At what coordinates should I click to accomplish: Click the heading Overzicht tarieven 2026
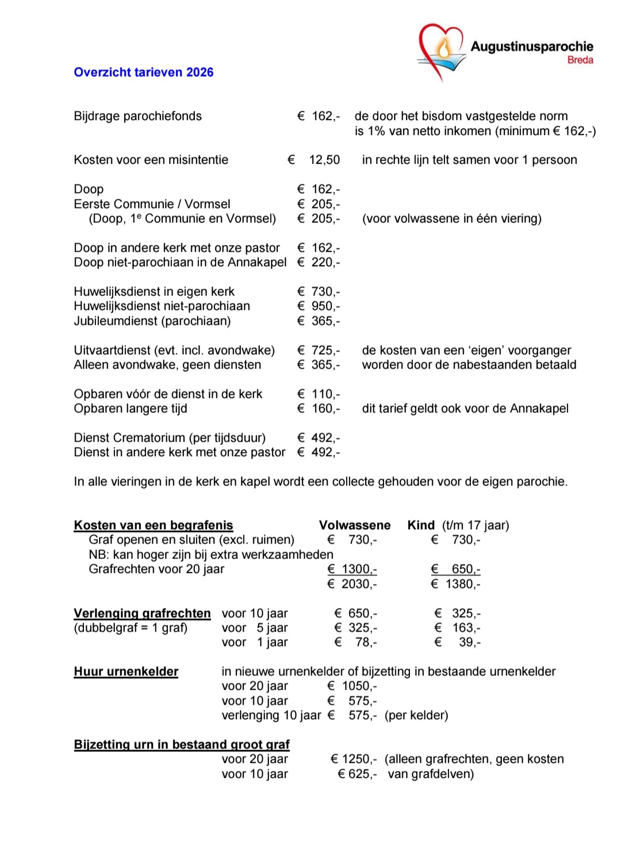[143, 73]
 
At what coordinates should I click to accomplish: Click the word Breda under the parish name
[580, 60]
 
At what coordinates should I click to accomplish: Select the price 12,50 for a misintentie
[324, 160]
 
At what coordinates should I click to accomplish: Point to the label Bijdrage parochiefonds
[137, 116]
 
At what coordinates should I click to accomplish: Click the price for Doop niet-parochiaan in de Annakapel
[319, 263]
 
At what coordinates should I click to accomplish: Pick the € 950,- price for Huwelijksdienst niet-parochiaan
[319, 306]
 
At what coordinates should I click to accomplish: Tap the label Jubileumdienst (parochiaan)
[152, 321]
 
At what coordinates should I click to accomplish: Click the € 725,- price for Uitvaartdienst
[319, 351]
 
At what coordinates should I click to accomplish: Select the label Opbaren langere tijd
[131, 409]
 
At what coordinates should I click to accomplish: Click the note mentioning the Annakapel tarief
[465, 409]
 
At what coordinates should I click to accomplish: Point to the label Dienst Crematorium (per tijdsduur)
[170, 438]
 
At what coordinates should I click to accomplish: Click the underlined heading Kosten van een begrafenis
[154, 525]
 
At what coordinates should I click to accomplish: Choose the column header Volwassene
[355, 525]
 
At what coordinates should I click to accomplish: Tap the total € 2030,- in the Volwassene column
[352, 584]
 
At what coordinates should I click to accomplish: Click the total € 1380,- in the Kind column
[455, 584]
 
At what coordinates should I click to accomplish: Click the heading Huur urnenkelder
[126, 672]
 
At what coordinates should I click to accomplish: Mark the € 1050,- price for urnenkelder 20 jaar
[352, 686]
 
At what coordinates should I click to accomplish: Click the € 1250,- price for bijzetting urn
[354, 759]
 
